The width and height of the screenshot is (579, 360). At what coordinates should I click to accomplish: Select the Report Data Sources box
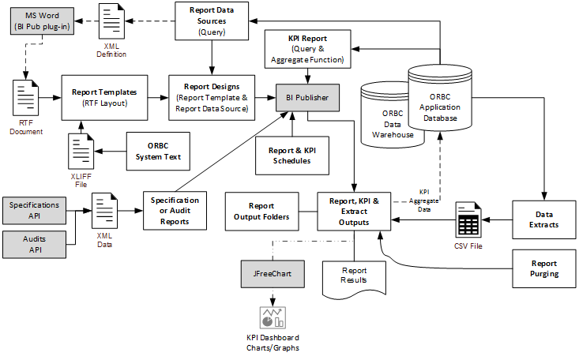211,21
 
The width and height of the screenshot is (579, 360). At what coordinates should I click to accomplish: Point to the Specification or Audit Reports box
175,211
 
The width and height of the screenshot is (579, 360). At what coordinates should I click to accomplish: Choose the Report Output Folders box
261,211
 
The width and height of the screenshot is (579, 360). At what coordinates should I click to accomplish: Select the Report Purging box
543,269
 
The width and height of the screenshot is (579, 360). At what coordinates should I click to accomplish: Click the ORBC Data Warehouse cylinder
386,115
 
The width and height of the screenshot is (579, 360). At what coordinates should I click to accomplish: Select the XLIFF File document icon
80,148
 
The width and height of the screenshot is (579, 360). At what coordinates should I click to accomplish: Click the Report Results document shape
353,276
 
